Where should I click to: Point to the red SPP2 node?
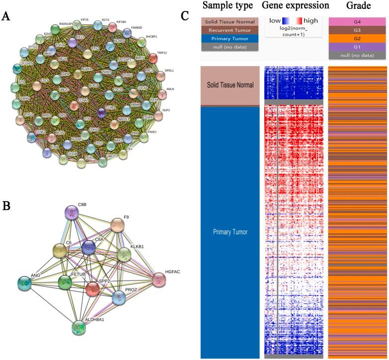(x=92, y=289)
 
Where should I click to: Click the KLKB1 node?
(x=124, y=255)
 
